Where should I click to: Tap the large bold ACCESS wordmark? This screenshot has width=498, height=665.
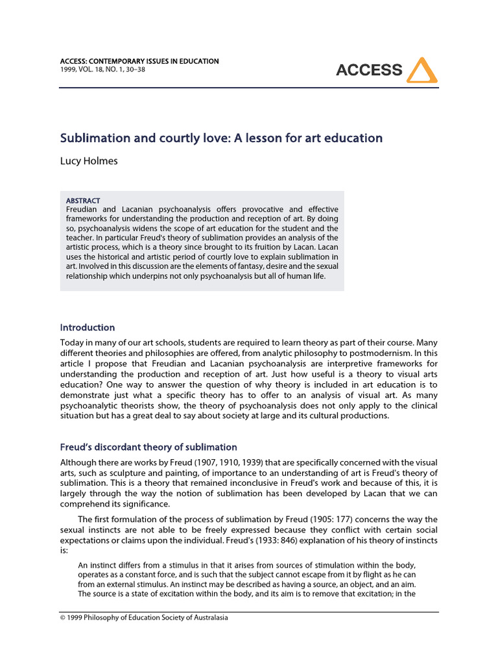tap(369, 70)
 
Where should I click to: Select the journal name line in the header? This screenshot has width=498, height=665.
tap(139, 61)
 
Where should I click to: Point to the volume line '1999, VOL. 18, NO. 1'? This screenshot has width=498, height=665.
tap(102, 69)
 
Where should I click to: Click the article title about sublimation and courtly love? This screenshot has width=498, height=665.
tap(221, 138)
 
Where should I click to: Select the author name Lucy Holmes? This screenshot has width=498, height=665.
tap(89, 161)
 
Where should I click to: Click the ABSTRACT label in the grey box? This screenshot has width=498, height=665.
tap(83, 201)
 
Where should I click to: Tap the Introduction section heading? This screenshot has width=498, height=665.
tap(88, 327)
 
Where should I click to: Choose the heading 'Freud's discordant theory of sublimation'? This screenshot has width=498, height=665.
tap(148, 447)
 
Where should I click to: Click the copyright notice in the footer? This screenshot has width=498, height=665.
tap(144, 618)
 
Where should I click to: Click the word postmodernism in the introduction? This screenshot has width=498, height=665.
tap(389, 354)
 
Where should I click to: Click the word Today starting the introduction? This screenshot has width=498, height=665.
tap(73, 342)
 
